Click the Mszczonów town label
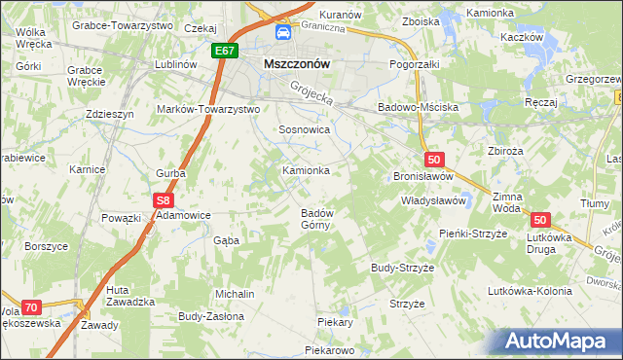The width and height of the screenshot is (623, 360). click(297, 64)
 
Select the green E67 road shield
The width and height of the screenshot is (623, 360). click(224, 51)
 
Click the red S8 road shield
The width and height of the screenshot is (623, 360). click(162, 200)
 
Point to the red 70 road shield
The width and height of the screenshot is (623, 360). click(30, 306)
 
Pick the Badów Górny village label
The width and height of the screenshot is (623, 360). click(317, 219)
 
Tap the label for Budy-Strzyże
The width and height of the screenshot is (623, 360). click(402, 267)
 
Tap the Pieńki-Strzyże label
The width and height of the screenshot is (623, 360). click(474, 234)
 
